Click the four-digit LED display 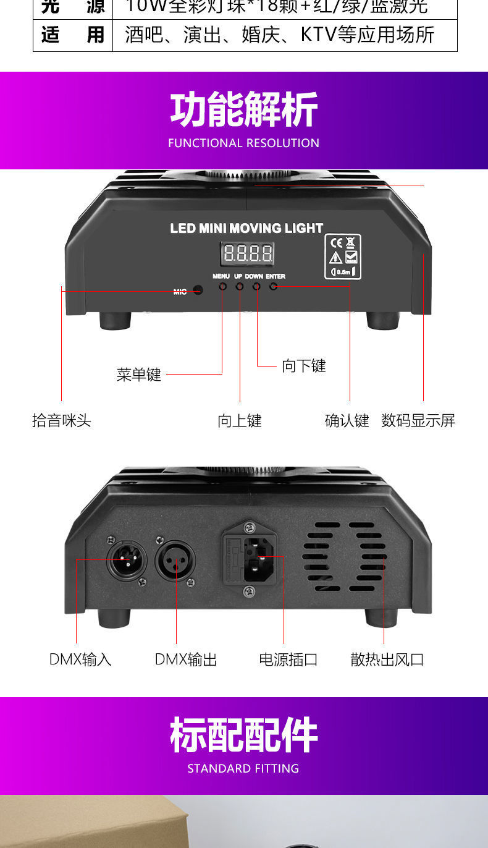tap(248, 253)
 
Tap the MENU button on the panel tap(222, 286)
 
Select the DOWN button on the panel tap(256, 286)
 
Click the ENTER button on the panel tap(273, 286)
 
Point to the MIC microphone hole tap(198, 290)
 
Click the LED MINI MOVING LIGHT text tap(246, 228)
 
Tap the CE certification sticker tap(343, 257)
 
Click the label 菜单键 tap(139, 375)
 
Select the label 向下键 tap(303, 366)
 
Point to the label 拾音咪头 tap(62, 421)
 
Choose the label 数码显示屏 tap(418, 421)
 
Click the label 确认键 tap(347, 421)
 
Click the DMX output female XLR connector tap(175, 561)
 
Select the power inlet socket tap(258, 559)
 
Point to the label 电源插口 tap(288, 659)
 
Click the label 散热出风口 tap(387, 659)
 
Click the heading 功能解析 tap(244, 110)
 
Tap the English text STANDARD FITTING tap(243, 768)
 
